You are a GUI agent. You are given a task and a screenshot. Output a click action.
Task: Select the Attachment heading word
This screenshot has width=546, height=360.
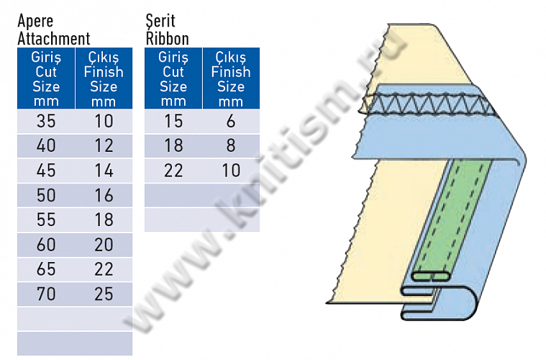coord(54,38)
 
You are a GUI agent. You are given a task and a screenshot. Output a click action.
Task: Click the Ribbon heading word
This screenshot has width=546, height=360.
coord(167,38)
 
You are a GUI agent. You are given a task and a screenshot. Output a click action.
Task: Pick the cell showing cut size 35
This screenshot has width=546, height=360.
coord(46,121)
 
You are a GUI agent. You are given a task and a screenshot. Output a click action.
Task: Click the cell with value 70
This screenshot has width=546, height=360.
coord(46,294)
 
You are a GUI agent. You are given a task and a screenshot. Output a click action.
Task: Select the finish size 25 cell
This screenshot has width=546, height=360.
coord(104,294)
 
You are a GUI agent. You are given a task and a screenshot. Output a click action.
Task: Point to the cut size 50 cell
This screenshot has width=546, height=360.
coord(46,195)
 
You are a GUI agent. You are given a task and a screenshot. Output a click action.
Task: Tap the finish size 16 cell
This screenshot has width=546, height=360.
coord(104,195)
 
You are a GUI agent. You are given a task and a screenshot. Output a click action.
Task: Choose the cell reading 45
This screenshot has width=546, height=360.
coord(46,171)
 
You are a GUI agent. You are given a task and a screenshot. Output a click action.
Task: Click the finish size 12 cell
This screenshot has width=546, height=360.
coord(104,146)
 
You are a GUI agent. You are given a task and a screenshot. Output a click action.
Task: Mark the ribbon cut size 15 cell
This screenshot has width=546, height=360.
coord(173,121)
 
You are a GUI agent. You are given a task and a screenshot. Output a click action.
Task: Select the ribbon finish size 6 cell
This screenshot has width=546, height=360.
coord(231,121)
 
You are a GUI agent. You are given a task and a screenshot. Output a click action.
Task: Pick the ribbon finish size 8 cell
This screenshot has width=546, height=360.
coord(231,146)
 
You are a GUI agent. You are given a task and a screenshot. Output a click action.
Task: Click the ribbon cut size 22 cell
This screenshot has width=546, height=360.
coord(173,171)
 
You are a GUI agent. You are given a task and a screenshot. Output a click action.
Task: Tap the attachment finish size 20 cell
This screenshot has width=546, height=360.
coord(104,245)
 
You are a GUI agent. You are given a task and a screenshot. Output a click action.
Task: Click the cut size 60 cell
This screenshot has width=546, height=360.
coord(46,245)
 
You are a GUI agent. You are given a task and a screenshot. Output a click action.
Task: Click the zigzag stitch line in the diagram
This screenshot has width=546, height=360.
coord(432,105)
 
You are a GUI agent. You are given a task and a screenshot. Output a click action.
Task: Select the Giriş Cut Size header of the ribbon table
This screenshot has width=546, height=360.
coord(173,78)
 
